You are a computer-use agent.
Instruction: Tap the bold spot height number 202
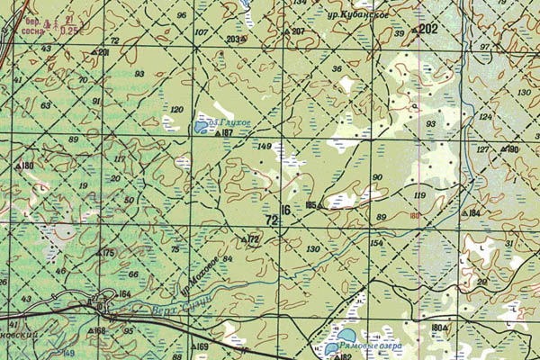428,30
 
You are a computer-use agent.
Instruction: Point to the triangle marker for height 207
286,32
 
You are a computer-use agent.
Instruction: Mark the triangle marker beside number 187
218,133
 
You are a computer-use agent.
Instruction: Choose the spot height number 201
103,52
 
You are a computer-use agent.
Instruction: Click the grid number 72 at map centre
272,220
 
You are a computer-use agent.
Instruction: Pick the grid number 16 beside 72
285,211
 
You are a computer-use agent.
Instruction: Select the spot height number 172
254,238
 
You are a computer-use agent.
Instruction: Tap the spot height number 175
110,253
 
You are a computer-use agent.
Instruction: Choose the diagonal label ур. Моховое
196,278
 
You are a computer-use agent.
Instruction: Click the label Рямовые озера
370,345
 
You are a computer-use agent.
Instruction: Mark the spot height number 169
202,346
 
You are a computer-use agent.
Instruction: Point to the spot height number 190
513,149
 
